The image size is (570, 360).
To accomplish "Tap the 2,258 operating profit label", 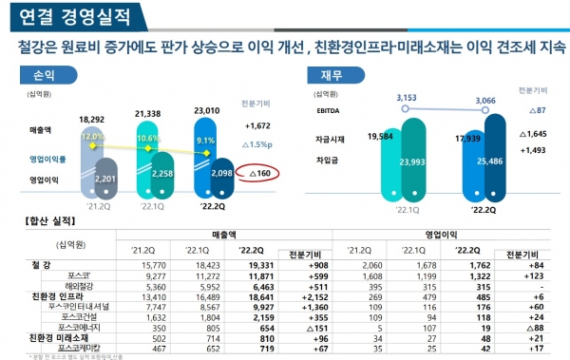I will pos(159,174).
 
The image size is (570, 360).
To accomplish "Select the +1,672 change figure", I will pos(257,125).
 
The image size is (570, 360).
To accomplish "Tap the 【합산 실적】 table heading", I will pos(47,221).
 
